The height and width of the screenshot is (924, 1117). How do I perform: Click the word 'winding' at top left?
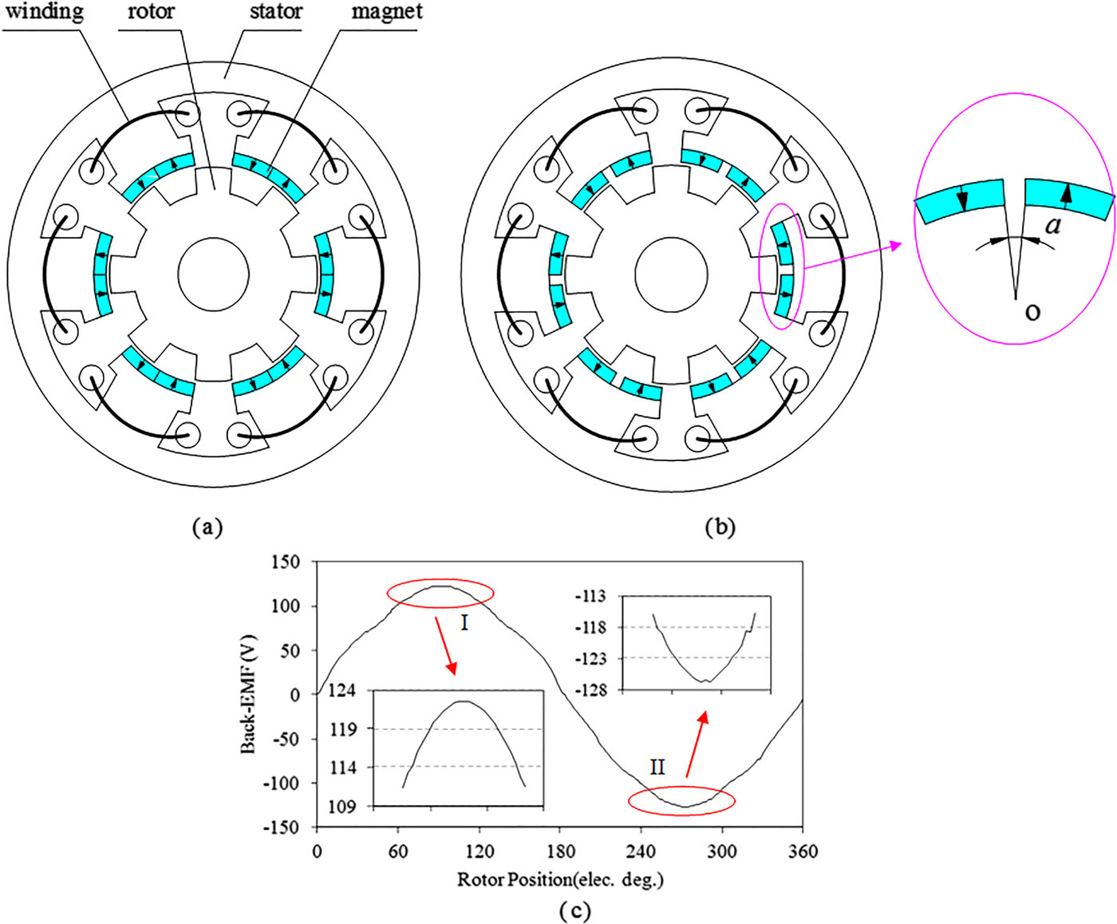pyautogui.click(x=44, y=13)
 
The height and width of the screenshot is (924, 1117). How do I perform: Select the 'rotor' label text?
pyautogui.click(x=151, y=13)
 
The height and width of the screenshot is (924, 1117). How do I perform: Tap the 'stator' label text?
pyautogui.click(x=275, y=13)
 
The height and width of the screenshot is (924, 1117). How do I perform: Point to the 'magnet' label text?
pyautogui.click(x=386, y=13)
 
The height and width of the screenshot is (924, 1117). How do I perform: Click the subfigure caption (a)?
pyautogui.click(x=208, y=527)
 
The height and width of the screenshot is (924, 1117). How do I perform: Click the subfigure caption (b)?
pyautogui.click(x=720, y=527)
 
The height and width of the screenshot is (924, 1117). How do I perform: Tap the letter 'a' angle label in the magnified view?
pyautogui.click(x=1053, y=226)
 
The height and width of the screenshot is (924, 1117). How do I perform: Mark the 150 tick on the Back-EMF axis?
pyautogui.click(x=285, y=562)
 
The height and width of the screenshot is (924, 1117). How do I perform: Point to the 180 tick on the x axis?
pyautogui.click(x=560, y=851)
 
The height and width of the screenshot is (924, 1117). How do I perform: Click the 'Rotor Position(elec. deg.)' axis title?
pyautogui.click(x=560, y=879)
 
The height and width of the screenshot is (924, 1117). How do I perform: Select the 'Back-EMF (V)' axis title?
pyautogui.click(x=249, y=693)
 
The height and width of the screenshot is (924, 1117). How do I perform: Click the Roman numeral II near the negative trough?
pyautogui.click(x=657, y=768)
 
